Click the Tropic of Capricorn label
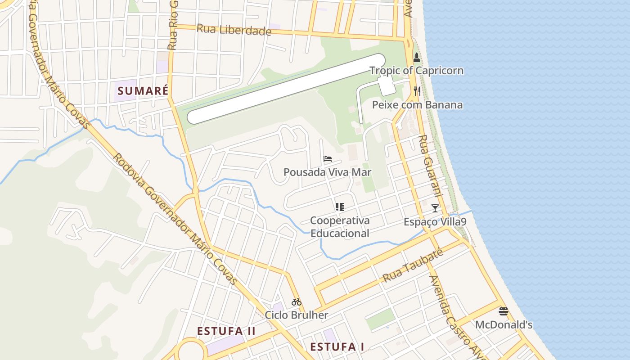point(416,71)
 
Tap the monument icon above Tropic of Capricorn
point(417,58)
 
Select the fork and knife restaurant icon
point(417,91)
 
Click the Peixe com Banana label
point(417,105)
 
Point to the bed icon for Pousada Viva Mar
point(328,159)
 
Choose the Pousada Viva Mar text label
point(327,172)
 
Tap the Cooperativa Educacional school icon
point(339,207)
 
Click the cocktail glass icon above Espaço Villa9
point(435,208)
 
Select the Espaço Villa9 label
point(435,222)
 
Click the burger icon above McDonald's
point(504,311)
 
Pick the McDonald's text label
point(504,324)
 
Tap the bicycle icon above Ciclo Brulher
point(296,302)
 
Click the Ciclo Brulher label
point(296,315)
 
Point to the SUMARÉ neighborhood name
point(143,91)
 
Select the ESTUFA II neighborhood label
point(226,331)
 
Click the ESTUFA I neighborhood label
point(337,346)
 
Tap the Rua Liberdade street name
point(234,30)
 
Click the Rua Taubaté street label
point(413,265)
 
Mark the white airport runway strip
point(286,89)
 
